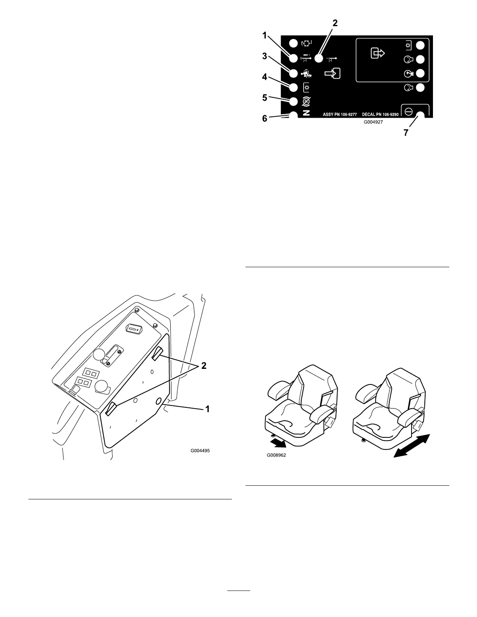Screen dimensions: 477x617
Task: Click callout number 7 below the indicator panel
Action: point(406,132)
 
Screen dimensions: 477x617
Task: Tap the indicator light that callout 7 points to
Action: point(420,115)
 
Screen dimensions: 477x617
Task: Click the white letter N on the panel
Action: point(306,113)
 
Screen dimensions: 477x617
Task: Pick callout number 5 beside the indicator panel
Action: point(265,97)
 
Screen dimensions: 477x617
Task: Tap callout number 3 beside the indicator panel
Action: point(265,56)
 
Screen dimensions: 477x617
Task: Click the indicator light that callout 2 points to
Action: point(319,59)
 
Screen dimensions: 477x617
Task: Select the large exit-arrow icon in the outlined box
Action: point(378,53)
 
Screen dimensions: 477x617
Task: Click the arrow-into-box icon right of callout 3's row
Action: point(332,73)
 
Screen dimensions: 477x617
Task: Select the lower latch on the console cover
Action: point(110,409)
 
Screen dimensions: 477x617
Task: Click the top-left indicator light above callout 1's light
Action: point(293,43)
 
